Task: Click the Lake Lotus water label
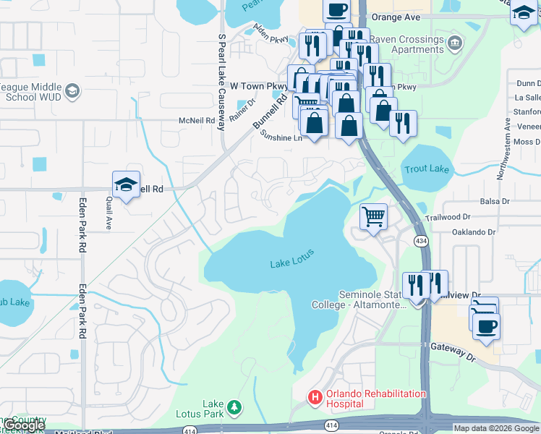[x=292, y=264]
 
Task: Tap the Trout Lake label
[x=427, y=170]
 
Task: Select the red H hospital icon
[x=315, y=397]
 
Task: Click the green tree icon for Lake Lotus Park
[x=234, y=408]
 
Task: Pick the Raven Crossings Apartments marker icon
[x=454, y=41]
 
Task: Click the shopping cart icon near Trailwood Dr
[x=373, y=216]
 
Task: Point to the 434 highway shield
[x=420, y=239]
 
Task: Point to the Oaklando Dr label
[x=472, y=232]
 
